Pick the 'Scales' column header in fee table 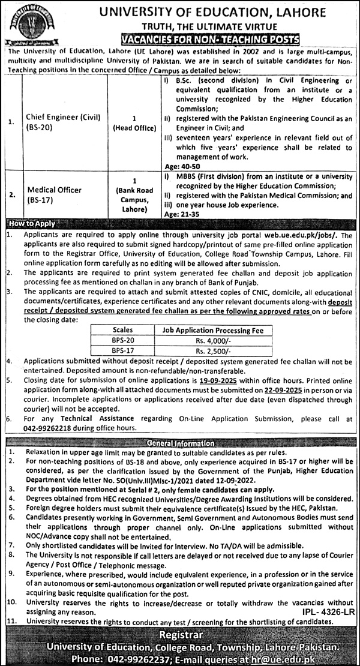click(122, 329)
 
